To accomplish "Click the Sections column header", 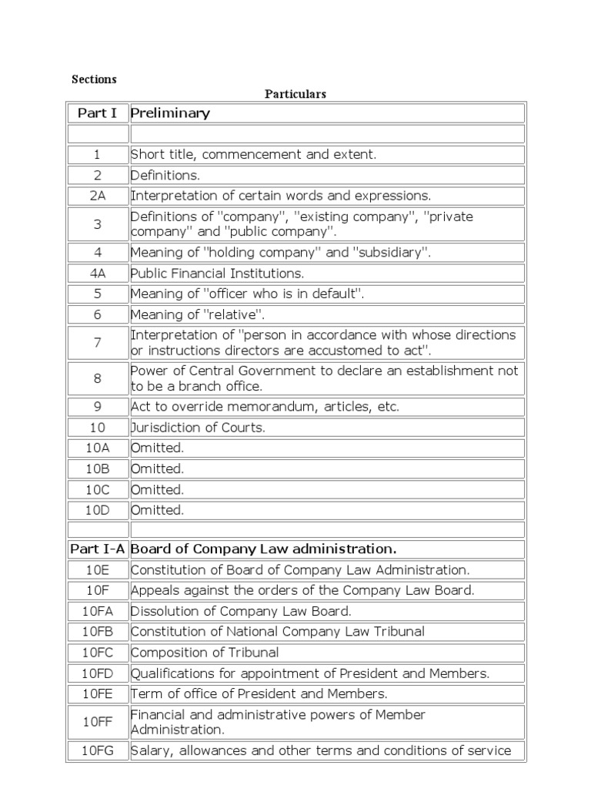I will tap(94, 79).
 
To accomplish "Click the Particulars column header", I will tap(295, 94).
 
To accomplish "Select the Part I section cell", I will tap(98, 113).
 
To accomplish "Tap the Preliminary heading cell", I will tap(171, 113).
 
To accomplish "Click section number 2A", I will tap(98, 196).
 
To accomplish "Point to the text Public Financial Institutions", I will tap(218, 273).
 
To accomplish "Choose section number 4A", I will tap(98, 273).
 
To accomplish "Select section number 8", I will tap(98, 378).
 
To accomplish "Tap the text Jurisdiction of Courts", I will tap(199, 428).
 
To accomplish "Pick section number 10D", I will tap(98, 509).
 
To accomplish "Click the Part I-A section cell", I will tap(98, 549).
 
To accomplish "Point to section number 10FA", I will tap(98, 611).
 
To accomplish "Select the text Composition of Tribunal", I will tap(205, 653).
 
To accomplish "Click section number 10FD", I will tap(98, 673).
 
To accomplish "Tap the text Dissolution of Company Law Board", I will tap(241, 611).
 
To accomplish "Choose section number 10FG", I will tap(98, 750).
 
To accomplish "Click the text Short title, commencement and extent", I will tap(254, 154).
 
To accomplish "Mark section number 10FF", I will tap(98, 722).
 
